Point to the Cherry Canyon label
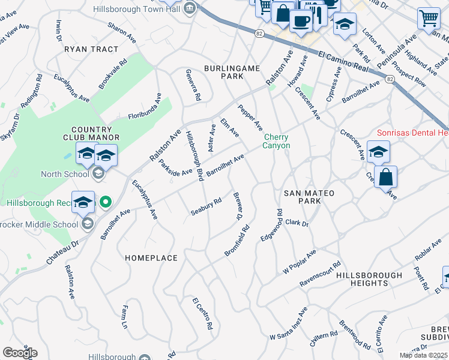pyautogui.click(x=277, y=141)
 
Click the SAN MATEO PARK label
pyautogui.click(x=309, y=197)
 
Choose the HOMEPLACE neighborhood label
pyautogui.click(x=151, y=257)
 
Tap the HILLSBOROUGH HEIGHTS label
pyautogui.click(x=369, y=279)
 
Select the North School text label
pyautogui.click(x=65, y=175)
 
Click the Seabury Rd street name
pyautogui.click(x=206, y=206)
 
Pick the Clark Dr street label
pyautogui.click(x=297, y=224)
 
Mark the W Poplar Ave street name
pyautogui.click(x=299, y=263)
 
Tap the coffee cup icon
pyautogui.click(x=301, y=20)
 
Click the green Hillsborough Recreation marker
pyautogui.click(x=106, y=202)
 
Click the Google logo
pyautogui.click(x=20, y=352)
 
